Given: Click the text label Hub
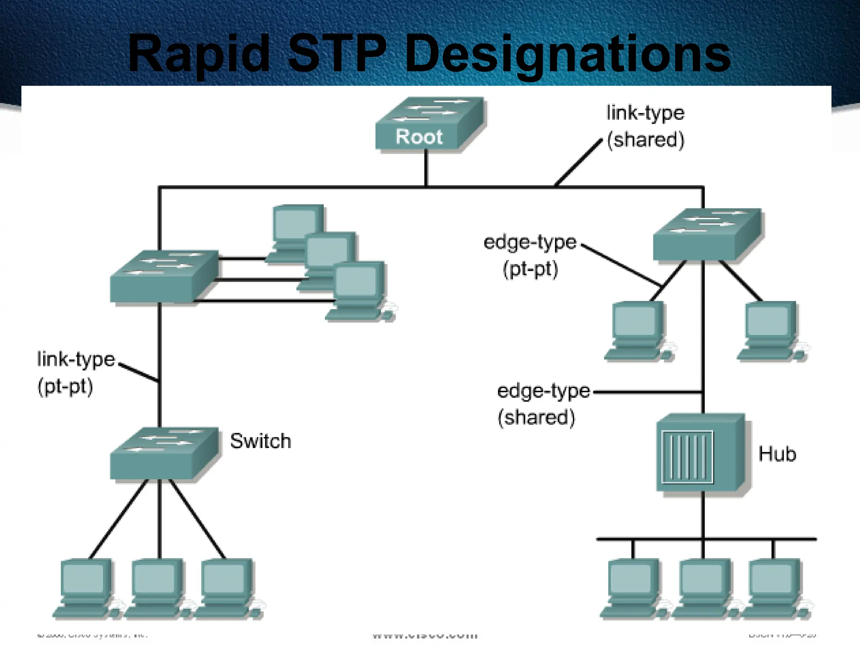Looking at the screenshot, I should [777, 454].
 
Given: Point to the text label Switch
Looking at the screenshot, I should [260, 441].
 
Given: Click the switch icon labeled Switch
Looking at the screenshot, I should [164, 454].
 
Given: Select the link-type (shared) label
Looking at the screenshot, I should [645, 126].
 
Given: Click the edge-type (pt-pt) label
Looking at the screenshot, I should [530, 255].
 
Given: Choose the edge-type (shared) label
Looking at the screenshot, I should [543, 404].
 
